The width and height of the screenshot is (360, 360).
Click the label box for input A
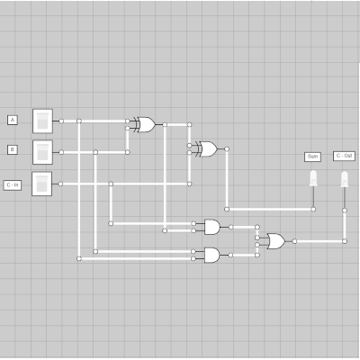[x=13, y=120]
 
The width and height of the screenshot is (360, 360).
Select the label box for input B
[x=13, y=149]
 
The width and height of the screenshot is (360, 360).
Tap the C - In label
[x=13, y=184]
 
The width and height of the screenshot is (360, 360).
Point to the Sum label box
[x=312, y=156]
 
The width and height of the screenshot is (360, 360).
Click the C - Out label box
[x=344, y=156]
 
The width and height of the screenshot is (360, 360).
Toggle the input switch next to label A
[x=43, y=120]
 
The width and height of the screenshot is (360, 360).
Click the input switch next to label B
[x=43, y=150]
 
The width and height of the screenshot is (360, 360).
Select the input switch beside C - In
[x=43, y=183]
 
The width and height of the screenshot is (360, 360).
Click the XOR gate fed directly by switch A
[x=143, y=124]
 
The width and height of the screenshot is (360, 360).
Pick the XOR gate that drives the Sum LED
[x=205, y=148]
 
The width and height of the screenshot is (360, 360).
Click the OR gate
[x=274, y=240]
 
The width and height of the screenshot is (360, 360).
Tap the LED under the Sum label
[x=313, y=179]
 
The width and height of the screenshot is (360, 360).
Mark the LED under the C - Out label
[x=344, y=179]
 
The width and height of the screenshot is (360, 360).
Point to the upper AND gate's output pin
[x=230, y=226]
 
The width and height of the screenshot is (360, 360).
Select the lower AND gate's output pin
[x=230, y=255]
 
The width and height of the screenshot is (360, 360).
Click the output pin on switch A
[x=61, y=120]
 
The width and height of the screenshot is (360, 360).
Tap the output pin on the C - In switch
[x=61, y=183]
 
